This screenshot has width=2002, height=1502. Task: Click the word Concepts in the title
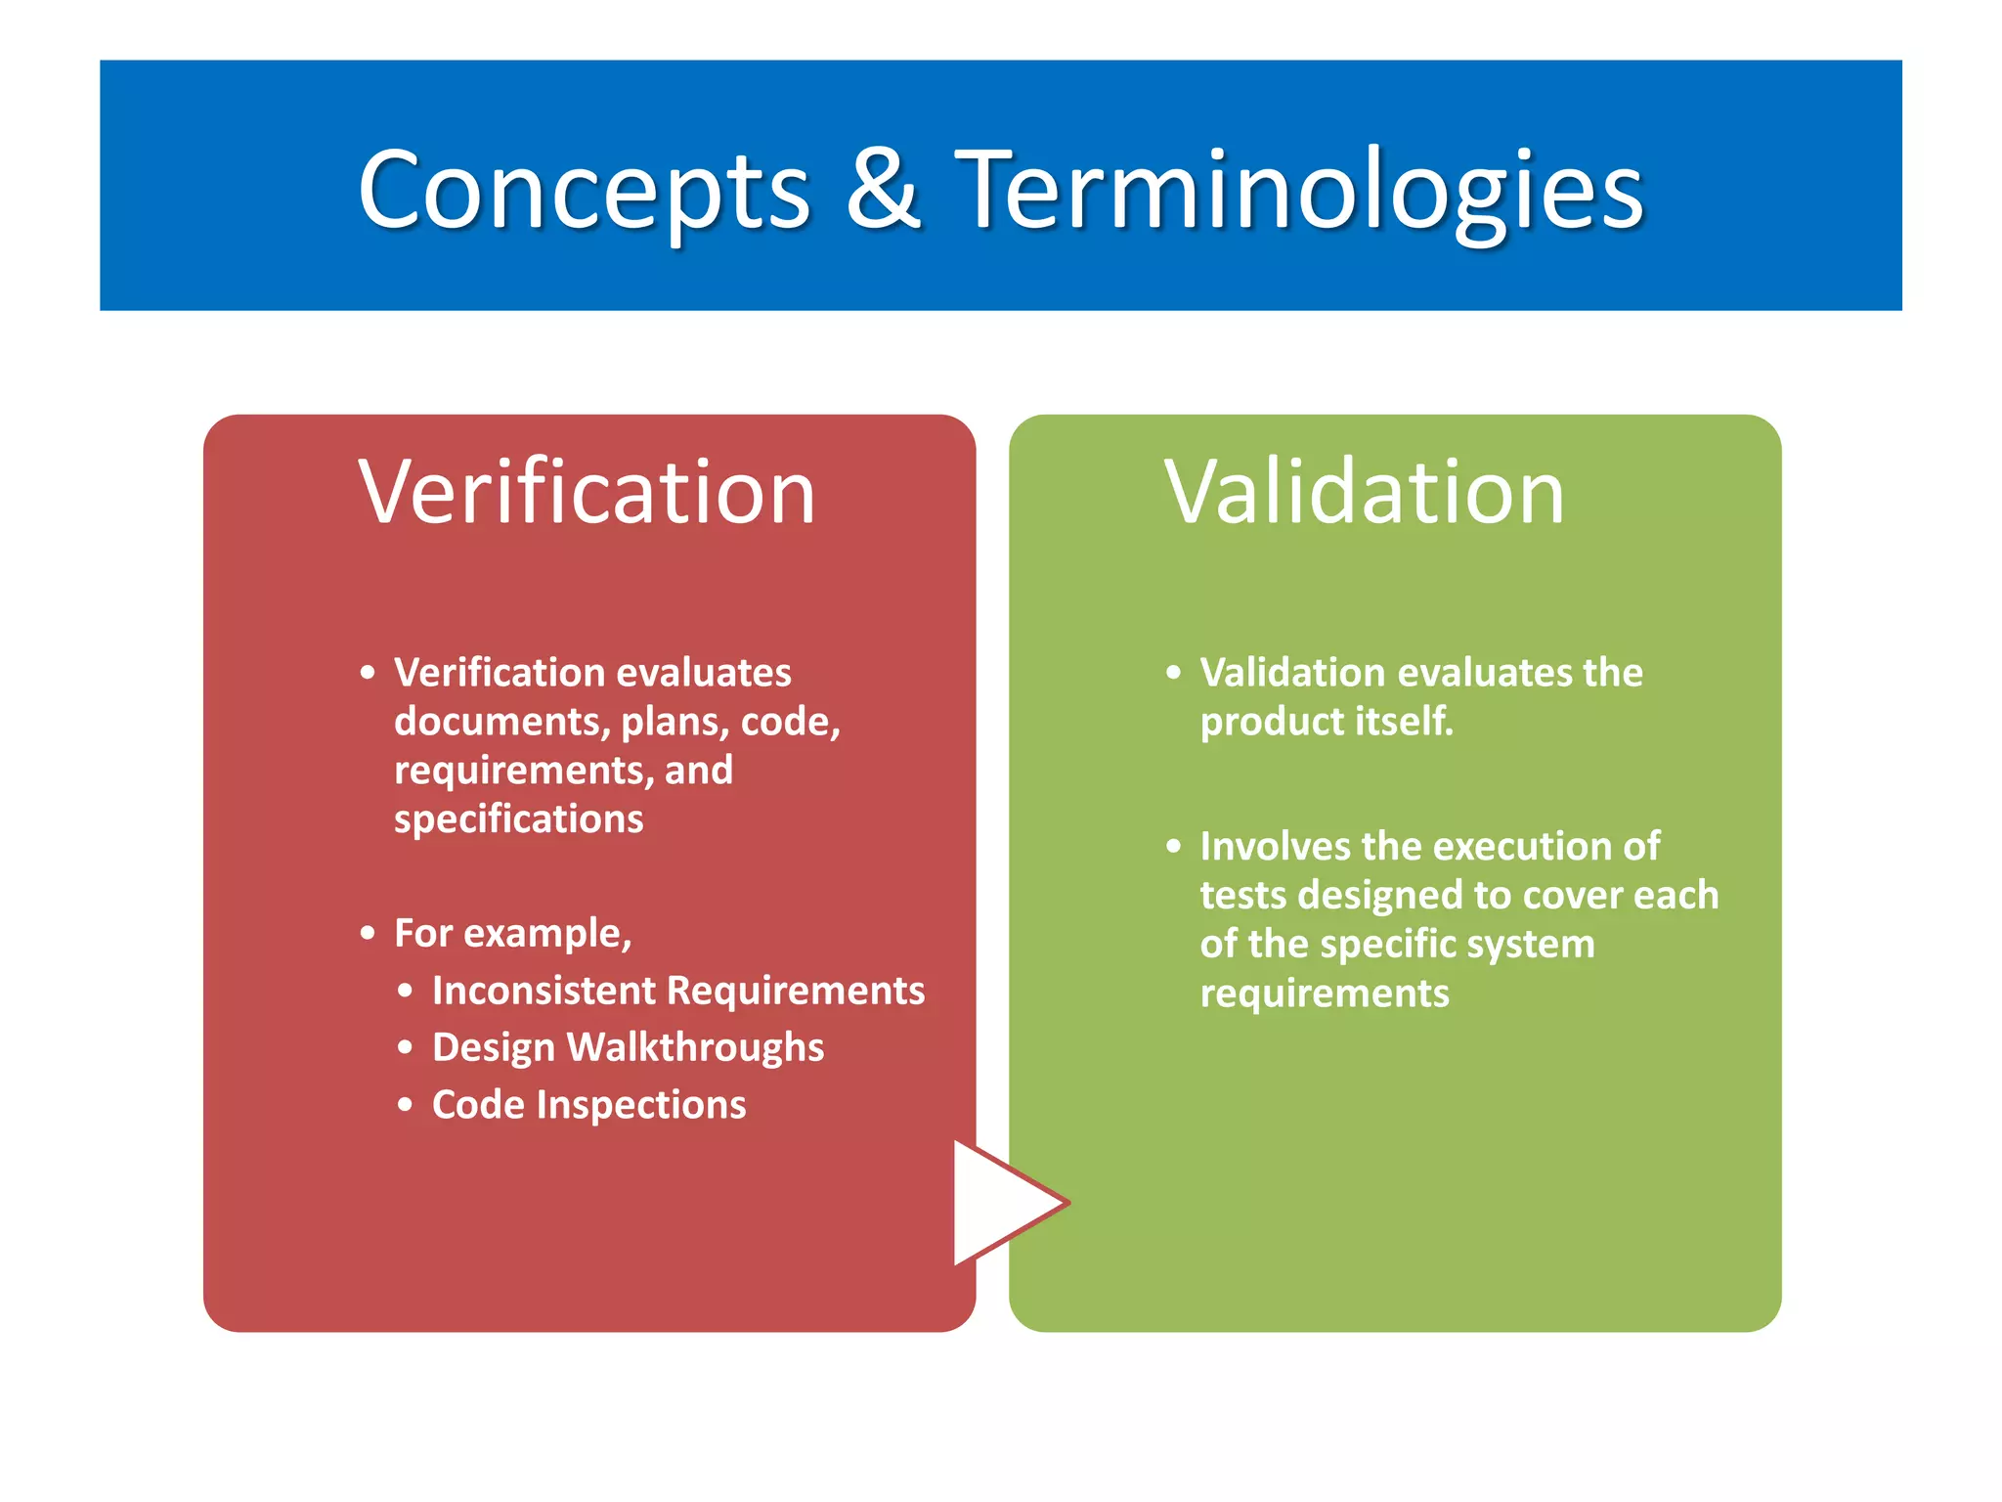click(x=584, y=190)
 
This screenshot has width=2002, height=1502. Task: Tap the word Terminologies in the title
click(x=1299, y=190)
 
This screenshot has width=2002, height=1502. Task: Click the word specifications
click(x=518, y=819)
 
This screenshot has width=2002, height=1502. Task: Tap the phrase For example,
click(x=512, y=933)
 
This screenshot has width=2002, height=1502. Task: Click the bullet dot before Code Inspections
click(x=406, y=1106)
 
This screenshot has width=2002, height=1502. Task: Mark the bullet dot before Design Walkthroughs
click(x=406, y=1048)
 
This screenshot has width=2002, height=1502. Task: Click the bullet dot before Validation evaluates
click(x=1174, y=673)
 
